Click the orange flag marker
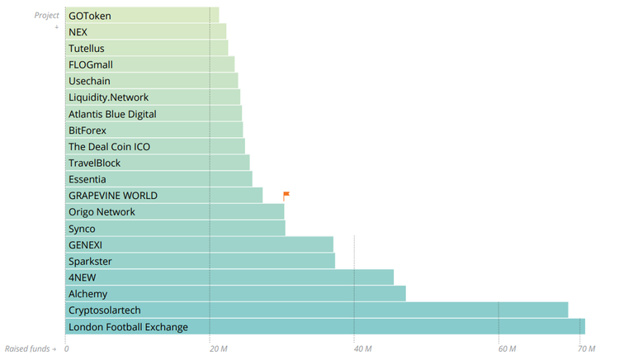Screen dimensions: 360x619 (286, 196)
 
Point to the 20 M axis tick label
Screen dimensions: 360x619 (218, 349)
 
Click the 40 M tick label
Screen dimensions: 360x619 (362, 349)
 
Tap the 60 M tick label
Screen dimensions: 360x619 (507, 349)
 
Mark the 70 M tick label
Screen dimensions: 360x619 (585, 349)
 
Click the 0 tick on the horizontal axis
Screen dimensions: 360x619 (66, 349)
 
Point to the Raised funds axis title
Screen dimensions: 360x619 (30, 349)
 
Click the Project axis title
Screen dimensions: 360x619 (47, 16)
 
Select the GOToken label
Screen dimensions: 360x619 (90, 16)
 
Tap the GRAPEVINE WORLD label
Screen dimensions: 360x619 (113, 196)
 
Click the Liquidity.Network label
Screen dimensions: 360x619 (109, 97)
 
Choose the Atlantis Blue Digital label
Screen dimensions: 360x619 (112, 114)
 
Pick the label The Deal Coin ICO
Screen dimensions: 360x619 (110, 147)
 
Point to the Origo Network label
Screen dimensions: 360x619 (102, 212)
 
